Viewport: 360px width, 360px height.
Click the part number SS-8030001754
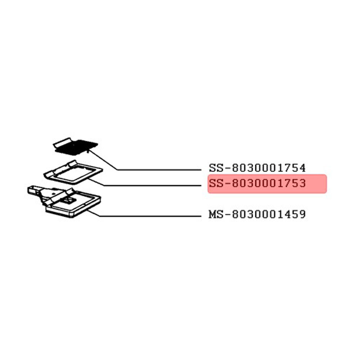257,168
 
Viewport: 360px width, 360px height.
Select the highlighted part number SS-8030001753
257,184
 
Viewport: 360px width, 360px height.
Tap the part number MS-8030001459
257,215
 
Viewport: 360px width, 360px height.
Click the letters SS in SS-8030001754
216,168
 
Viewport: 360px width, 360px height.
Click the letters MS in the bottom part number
216,215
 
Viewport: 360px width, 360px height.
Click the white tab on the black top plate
62,143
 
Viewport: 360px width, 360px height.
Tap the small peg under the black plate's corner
89,151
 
